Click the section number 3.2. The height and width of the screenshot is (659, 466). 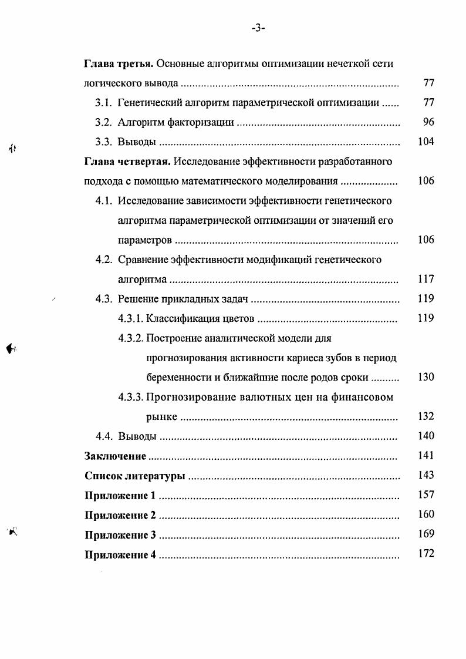pyautogui.click(x=103, y=122)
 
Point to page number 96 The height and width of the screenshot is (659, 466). pyautogui.click(x=428, y=122)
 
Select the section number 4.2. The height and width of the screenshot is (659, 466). pyautogui.click(x=103, y=260)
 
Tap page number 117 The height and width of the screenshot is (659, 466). pyautogui.click(x=426, y=279)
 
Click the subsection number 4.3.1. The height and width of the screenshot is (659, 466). pyautogui.click(x=131, y=318)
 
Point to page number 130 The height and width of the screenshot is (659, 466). pyautogui.click(x=426, y=377)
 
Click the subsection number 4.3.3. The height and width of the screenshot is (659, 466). pyautogui.click(x=131, y=397)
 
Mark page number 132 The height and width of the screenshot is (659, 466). pyautogui.click(x=426, y=416)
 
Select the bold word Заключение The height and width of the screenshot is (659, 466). pyautogui.click(x=115, y=456)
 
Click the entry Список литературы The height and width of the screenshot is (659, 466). pyautogui.click(x=134, y=475)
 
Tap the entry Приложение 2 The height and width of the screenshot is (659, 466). pyautogui.click(x=120, y=515)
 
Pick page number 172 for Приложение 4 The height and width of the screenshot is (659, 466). pyautogui.click(x=426, y=554)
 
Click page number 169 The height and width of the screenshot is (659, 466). pyautogui.click(x=426, y=534)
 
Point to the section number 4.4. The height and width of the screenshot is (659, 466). pyautogui.click(x=103, y=436)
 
